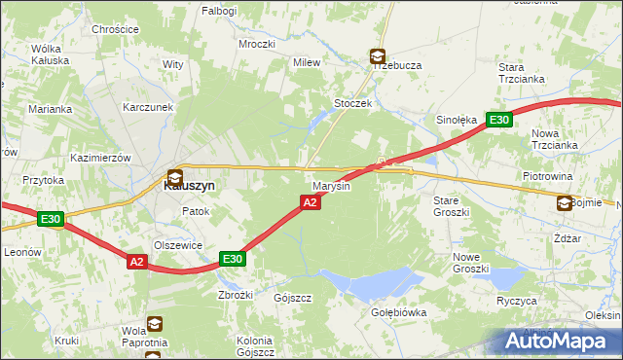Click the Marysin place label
(x=330, y=185)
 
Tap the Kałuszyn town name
(x=188, y=185)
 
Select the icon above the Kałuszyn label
(x=174, y=177)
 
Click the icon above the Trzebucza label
(x=377, y=57)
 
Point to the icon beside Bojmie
(x=565, y=202)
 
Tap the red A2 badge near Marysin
(x=309, y=202)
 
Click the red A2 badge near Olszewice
(x=136, y=261)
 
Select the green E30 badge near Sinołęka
(x=498, y=120)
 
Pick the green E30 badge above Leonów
(x=51, y=220)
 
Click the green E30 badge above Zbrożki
(x=232, y=259)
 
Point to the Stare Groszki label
(x=451, y=205)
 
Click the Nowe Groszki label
(x=470, y=262)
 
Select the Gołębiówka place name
(x=399, y=312)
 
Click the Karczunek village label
(x=148, y=107)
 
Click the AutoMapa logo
(x=560, y=342)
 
